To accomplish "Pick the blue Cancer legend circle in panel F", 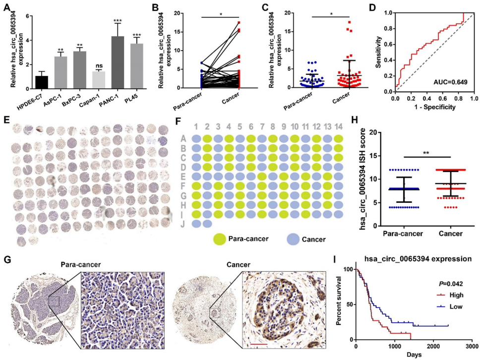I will (x=294, y=239).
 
